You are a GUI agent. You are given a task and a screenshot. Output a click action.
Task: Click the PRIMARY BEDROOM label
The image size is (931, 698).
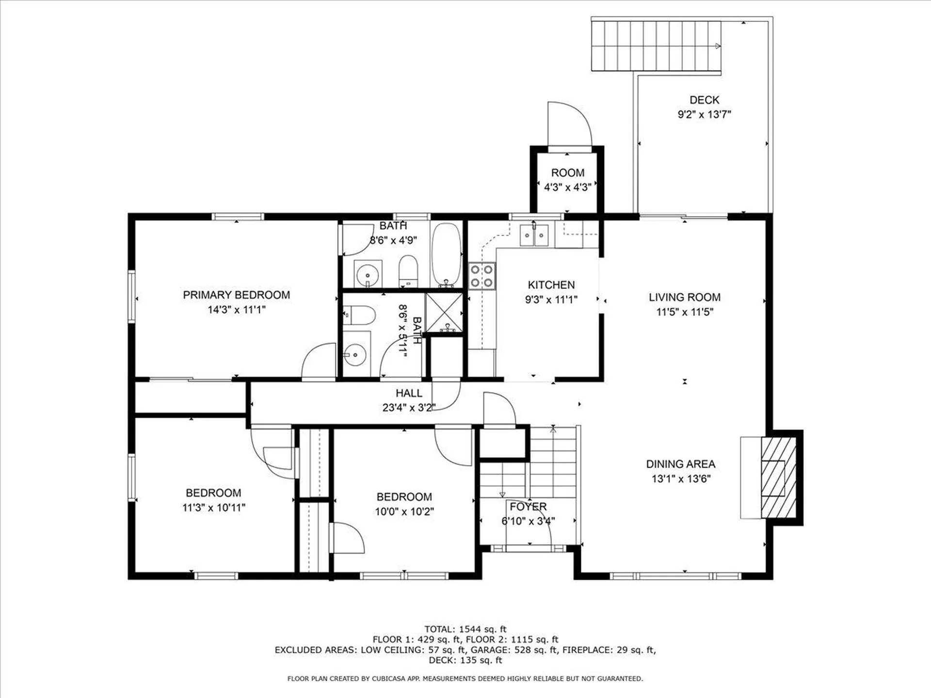236,295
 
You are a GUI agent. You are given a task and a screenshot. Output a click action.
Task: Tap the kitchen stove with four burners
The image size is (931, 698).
482,276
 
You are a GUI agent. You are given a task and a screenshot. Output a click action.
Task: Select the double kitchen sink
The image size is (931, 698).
534,235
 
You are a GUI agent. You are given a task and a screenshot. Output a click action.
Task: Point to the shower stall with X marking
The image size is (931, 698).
444,313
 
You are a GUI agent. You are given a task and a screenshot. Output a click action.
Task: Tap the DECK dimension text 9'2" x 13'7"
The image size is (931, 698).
704,114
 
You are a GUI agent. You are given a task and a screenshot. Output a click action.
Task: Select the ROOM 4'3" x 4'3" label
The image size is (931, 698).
567,180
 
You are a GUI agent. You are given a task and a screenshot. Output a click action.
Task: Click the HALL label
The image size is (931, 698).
409,393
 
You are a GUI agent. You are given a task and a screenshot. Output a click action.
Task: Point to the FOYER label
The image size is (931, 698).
528,507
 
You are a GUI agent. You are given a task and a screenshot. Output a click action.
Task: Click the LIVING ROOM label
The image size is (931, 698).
685,297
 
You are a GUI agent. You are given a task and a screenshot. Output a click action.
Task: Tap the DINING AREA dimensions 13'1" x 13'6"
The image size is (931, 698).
681,479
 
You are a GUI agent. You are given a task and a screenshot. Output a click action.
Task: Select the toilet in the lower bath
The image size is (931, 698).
359,315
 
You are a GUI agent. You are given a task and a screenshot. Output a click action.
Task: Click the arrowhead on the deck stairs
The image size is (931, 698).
718,46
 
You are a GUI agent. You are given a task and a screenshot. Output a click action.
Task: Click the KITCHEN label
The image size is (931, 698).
551,285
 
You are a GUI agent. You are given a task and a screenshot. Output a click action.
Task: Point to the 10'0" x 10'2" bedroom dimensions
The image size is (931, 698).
404,511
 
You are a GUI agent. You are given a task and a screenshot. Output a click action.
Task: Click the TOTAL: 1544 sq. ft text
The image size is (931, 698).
465,629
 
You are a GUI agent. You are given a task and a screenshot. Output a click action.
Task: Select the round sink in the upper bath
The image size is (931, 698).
368,275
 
